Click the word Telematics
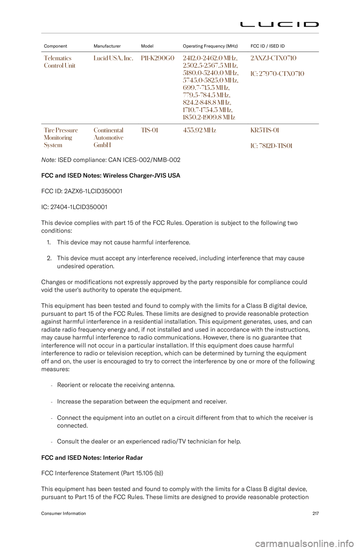coord(57,58)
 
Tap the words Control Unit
coord(60,65)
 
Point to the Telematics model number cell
coord(157,58)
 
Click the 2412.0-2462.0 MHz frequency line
coord(210,58)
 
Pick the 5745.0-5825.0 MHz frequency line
coord(210,80)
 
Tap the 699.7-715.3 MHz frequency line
coord(207,88)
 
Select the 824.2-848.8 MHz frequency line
coord(207,102)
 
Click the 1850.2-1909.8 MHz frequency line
coord(209,117)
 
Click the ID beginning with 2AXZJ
coord(273,58)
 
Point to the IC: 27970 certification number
coord(277,73)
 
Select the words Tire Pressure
coord(61,130)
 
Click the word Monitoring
coord(58,137)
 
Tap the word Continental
coord(108,130)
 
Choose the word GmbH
coord(102,145)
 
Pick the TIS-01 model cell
coord(149,130)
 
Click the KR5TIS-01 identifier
coord(265,130)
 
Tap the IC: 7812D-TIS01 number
coord(271,145)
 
